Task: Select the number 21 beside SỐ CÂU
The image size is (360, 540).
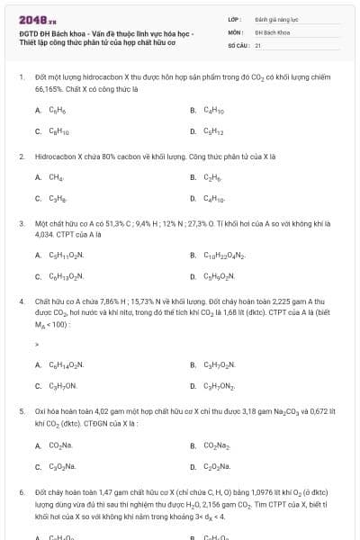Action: (x=258, y=44)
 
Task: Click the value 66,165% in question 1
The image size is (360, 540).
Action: (x=49, y=90)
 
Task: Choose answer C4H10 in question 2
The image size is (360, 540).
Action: (x=213, y=198)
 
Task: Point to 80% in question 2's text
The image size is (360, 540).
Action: (x=112, y=157)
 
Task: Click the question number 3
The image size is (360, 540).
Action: (x=21, y=223)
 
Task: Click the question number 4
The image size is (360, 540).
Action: (x=21, y=301)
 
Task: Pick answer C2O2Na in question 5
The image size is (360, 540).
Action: (x=217, y=466)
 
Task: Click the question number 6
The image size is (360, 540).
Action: (x=21, y=492)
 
